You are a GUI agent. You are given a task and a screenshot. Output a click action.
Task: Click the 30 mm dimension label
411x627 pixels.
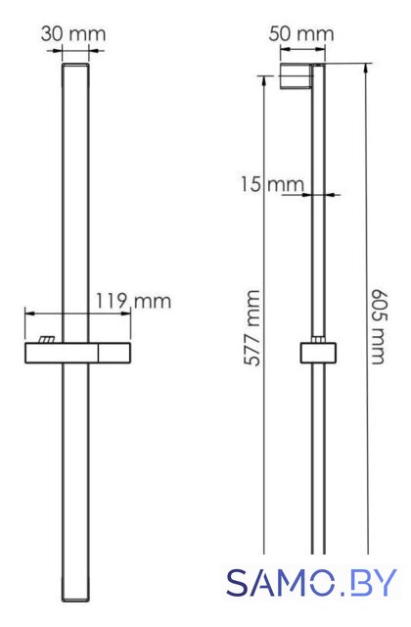point(73,34)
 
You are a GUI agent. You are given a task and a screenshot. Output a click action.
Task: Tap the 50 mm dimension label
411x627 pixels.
point(301,34)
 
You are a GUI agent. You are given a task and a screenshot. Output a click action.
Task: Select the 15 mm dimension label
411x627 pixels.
point(272,184)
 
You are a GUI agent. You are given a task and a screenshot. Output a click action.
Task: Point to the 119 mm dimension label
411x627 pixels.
point(133,301)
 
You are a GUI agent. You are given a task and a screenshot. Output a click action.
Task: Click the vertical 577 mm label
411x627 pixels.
point(252,328)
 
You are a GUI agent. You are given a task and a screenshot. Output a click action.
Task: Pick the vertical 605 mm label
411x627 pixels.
point(378,326)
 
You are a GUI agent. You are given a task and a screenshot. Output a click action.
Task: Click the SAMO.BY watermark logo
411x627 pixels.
point(312,582)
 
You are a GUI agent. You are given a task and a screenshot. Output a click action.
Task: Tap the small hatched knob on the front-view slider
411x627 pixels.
point(46,339)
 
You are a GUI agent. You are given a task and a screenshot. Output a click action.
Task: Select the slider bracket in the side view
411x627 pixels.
point(318,353)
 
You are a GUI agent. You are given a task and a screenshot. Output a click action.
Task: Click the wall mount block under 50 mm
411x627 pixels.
point(296,76)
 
